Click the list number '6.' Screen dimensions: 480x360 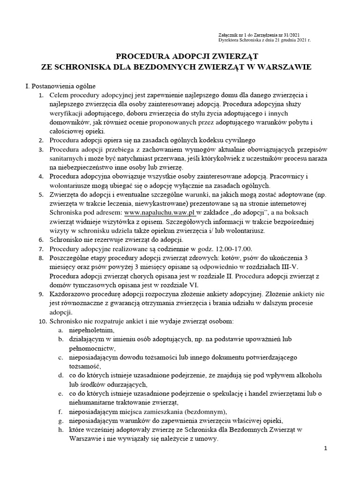pyautogui.click(x=41, y=240)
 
